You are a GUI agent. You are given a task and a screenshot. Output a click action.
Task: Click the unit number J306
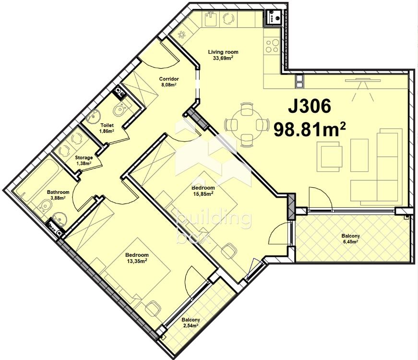tap(310, 106)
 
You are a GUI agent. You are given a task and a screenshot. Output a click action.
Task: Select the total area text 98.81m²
tap(310, 129)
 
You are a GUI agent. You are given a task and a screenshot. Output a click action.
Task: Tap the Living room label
tap(223, 52)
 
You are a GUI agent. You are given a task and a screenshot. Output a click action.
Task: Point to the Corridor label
tap(169, 79)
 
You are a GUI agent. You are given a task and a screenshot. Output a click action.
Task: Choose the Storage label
tap(84, 157)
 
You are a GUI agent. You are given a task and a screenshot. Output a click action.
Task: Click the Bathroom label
tap(58, 192)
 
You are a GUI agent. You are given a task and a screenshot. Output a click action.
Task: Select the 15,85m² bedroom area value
tap(203, 193)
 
